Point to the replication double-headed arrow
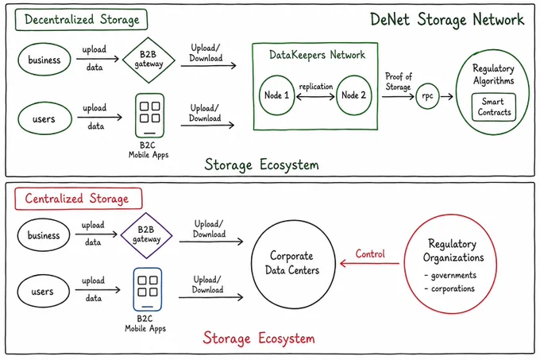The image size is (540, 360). click(315, 97)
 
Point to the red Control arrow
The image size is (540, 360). click(369, 264)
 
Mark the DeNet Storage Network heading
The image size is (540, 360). click(447, 20)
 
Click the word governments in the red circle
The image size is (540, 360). click(453, 275)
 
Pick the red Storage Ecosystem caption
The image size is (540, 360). click(259, 338)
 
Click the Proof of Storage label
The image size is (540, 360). click(398, 81)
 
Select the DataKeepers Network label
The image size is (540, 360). click(317, 55)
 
